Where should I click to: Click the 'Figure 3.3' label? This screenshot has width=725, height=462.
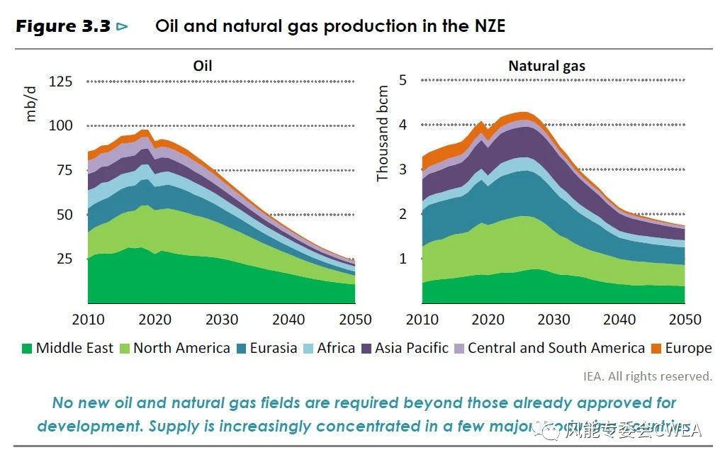[x=62, y=27]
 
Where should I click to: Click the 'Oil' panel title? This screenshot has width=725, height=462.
[x=203, y=66]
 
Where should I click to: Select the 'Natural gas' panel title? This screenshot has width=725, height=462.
[x=546, y=66]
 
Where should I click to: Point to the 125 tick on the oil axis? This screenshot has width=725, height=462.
[x=60, y=81]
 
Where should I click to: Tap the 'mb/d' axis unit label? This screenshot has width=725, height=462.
[x=31, y=106]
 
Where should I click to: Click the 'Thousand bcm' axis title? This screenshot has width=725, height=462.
[x=383, y=133]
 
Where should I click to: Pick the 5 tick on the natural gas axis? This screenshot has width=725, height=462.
[x=403, y=80]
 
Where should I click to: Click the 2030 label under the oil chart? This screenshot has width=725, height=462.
[x=221, y=320]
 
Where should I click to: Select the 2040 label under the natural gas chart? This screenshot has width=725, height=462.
[x=622, y=320]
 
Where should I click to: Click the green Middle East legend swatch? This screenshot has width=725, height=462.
[x=28, y=349]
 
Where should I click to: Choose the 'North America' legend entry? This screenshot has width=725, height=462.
[x=181, y=348]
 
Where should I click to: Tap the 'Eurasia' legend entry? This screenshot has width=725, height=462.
[x=274, y=348]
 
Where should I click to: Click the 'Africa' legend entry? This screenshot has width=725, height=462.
[x=335, y=348]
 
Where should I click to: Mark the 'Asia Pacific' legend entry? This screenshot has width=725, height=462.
[x=412, y=348]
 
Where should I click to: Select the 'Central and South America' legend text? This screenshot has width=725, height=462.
[x=556, y=348]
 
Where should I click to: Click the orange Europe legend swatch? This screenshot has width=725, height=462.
[x=656, y=349]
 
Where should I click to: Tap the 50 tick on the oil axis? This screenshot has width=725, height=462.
[x=60, y=214]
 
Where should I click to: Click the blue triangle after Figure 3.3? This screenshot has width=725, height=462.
[x=123, y=27]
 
